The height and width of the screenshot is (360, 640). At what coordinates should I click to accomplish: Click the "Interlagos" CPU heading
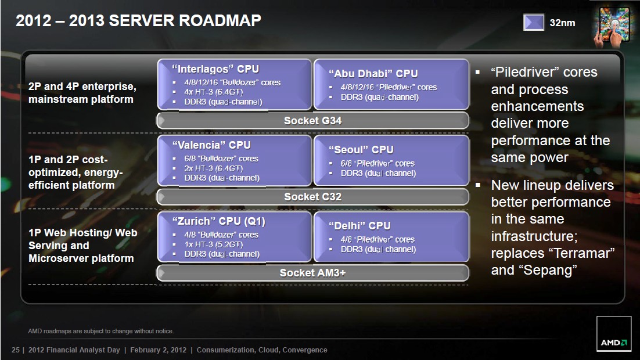[215, 69]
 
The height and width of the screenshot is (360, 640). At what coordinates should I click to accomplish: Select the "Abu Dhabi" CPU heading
[373, 74]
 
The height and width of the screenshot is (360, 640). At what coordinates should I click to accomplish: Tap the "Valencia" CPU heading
[211, 145]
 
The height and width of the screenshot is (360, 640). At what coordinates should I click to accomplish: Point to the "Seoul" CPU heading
[361, 150]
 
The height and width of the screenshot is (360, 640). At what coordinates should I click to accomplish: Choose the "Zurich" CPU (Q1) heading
[218, 221]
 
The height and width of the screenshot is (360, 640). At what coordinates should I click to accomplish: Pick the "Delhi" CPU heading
[359, 226]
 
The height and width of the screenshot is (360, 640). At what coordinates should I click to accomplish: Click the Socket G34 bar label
[312, 120]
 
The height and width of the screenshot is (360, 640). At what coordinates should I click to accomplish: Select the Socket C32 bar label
[312, 197]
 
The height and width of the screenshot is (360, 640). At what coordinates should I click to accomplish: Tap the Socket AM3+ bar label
[312, 273]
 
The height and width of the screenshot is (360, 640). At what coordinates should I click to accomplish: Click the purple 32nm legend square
[534, 22]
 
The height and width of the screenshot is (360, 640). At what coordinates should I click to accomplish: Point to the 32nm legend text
[562, 23]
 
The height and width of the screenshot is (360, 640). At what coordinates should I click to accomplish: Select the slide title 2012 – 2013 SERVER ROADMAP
[138, 20]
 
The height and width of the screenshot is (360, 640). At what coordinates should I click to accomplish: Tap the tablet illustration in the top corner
[612, 27]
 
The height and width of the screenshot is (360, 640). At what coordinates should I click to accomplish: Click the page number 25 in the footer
[16, 350]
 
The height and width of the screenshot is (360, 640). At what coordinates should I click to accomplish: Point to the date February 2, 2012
[159, 350]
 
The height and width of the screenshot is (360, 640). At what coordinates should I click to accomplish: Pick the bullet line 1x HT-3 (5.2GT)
[214, 244]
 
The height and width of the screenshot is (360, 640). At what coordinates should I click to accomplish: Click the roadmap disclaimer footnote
[101, 331]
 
